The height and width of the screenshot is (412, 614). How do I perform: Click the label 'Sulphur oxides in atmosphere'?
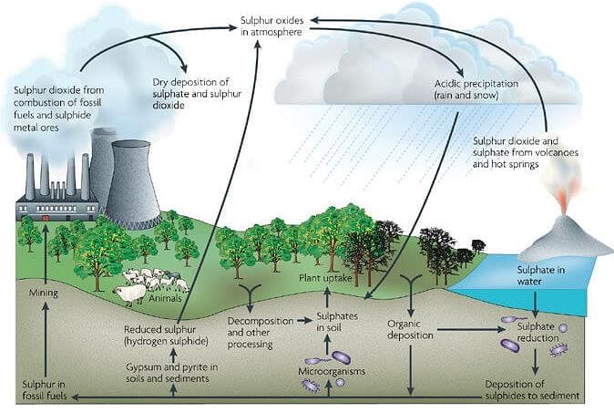(x=271, y=26)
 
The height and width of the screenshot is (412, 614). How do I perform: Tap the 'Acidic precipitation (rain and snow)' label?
(x=476, y=89)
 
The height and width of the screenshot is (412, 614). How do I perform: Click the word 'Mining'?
(x=44, y=293)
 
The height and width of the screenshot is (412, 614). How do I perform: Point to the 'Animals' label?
(x=165, y=298)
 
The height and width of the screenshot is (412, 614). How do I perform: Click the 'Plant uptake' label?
(x=325, y=278)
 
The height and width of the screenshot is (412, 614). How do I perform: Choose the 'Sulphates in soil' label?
(x=337, y=322)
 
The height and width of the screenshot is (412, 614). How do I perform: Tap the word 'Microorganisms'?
(x=332, y=371)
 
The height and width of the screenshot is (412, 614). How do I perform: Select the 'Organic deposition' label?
(x=410, y=329)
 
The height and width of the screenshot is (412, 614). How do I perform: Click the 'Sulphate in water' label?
(x=541, y=275)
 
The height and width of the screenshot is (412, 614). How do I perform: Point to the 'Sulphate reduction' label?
(x=537, y=332)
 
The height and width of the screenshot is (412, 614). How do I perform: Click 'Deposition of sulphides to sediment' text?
(x=532, y=390)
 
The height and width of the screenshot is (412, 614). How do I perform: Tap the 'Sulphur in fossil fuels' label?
(x=44, y=390)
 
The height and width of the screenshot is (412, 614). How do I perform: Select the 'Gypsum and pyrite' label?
(x=172, y=373)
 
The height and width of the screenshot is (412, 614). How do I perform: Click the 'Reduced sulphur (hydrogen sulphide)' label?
(x=166, y=335)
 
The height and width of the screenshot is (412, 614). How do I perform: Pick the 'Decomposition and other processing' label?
(x=261, y=333)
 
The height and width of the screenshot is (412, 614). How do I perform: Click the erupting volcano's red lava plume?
(x=564, y=200)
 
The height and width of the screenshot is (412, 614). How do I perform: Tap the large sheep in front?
(x=130, y=294)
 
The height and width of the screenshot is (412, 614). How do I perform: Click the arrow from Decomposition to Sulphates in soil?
(x=304, y=321)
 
